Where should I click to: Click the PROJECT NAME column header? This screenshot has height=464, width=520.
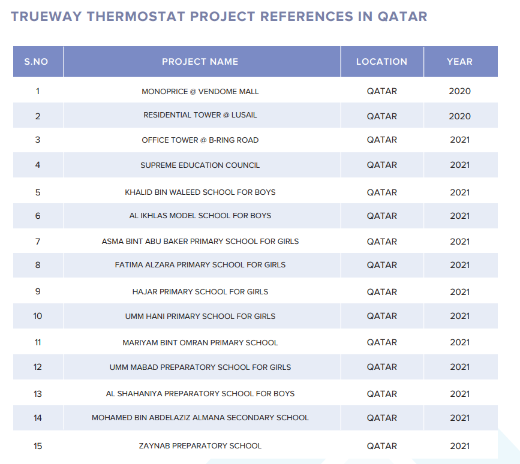[x=200, y=62]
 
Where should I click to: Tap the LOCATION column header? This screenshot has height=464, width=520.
[x=381, y=62]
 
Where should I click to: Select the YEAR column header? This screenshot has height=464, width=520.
[x=459, y=62]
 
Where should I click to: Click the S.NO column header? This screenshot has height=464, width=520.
[x=36, y=62]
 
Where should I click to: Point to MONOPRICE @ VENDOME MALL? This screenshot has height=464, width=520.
[x=200, y=92]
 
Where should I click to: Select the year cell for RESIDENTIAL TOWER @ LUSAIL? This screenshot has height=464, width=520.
[x=459, y=116]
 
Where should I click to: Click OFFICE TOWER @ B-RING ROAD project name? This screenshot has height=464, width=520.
[x=200, y=140]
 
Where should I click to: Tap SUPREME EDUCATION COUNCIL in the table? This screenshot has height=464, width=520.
[x=200, y=165]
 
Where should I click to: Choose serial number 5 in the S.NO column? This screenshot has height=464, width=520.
[x=38, y=192]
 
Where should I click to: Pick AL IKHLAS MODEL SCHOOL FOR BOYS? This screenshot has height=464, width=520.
[x=200, y=216]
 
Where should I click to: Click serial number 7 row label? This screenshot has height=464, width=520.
[x=38, y=242]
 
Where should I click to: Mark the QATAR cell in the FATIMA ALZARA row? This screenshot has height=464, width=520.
[x=381, y=265]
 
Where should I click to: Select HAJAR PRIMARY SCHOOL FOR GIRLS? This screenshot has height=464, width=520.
[x=200, y=292]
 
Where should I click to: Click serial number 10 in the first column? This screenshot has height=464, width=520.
[x=37, y=316]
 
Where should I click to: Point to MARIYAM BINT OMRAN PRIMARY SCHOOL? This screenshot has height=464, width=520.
[x=200, y=343]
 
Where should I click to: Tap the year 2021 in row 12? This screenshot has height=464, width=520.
[x=459, y=367]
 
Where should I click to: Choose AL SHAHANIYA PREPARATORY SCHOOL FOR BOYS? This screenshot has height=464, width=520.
[x=200, y=394]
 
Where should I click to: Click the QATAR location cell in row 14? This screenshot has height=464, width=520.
[x=381, y=418]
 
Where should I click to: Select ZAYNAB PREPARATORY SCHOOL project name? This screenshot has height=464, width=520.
[x=200, y=446]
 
